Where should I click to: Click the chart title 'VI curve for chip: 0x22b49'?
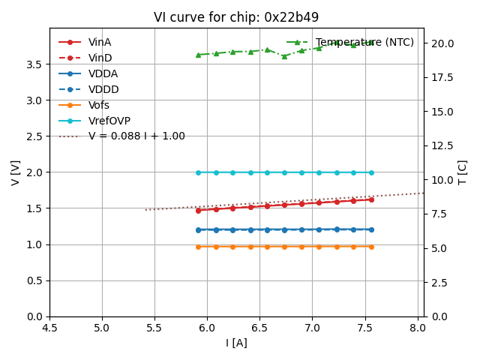236,17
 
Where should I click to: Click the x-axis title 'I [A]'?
236,343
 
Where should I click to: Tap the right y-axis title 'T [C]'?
463,172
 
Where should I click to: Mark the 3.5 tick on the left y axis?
34,64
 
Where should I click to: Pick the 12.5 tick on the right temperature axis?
442,145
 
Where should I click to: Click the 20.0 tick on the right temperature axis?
442,43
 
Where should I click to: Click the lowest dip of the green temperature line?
284,56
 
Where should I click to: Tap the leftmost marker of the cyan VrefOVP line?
198,172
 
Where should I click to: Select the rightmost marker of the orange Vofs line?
371,247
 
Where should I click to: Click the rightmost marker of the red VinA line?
371,199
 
